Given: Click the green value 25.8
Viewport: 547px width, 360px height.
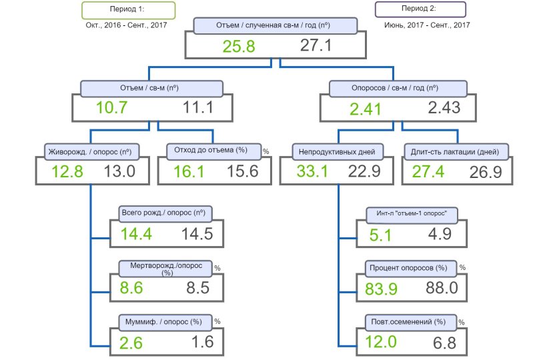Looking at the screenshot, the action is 239,47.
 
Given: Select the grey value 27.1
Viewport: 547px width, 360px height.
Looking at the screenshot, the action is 316,45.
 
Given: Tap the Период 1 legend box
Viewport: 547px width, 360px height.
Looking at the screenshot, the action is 128,10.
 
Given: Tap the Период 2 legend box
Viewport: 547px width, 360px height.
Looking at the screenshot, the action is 420,9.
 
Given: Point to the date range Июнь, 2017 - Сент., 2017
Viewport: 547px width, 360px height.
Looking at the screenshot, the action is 427,25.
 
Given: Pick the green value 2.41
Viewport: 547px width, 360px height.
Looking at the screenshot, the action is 366,109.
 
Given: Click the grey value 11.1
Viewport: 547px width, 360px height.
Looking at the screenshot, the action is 198,107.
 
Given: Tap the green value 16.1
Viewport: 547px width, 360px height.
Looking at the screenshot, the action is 189,171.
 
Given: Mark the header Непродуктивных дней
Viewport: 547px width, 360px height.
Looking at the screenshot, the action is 338,152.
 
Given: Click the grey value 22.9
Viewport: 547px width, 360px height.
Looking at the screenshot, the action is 364,171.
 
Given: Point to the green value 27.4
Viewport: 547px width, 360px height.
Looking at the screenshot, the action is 428,171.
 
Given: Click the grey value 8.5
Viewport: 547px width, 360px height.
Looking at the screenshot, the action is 198,288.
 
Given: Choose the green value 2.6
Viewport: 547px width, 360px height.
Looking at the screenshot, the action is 131,343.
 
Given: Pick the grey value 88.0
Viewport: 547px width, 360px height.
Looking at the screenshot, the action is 442,288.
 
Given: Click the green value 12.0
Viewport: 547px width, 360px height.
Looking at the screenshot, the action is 381,341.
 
